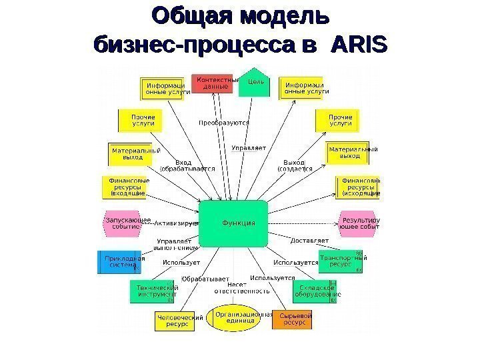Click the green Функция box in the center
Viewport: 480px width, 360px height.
point(239,223)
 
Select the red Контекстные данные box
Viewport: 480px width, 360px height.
point(215,83)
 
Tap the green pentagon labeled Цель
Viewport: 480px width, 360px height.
point(255,82)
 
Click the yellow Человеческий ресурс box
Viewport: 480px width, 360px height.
point(179,321)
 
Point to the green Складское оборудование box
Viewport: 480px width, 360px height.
point(316,291)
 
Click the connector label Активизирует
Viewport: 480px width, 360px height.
point(177,225)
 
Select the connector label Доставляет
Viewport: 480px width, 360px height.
point(309,239)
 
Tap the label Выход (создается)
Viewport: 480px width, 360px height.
point(294,166)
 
